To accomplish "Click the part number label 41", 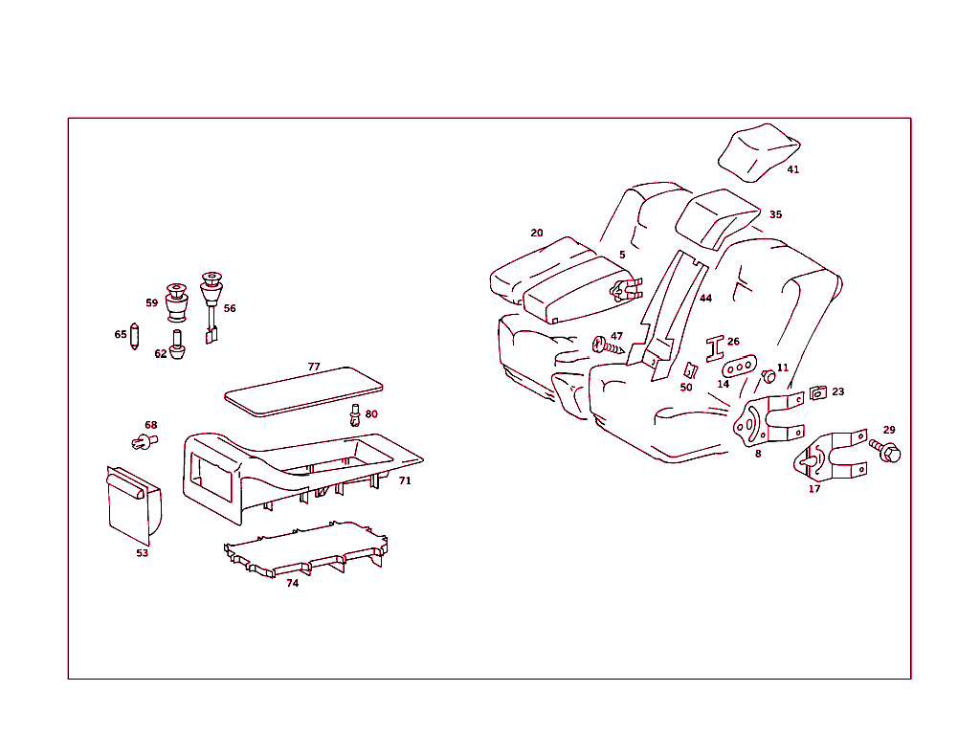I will point(792,169).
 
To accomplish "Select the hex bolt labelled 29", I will point(885,449).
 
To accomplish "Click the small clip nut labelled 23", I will point(816,392).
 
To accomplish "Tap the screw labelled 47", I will point(604,346).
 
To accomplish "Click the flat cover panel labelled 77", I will point(302,390).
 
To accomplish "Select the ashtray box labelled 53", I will point(133,502).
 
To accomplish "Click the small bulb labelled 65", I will point(134,337).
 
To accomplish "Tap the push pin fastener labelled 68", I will point(143,441).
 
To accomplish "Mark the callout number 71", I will point(405,480).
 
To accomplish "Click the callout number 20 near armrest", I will point(536,233).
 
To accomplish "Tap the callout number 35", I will point(775,214).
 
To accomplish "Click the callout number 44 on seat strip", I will point(705,298).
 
